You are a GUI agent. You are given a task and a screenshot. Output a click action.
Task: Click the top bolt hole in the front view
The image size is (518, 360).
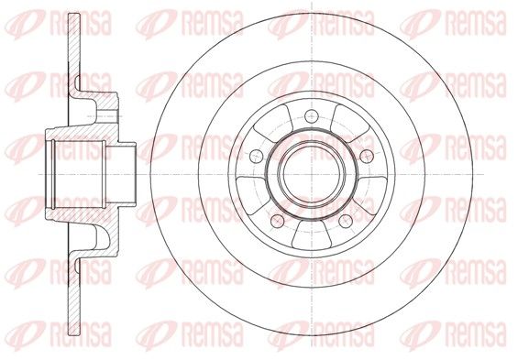[312, 115]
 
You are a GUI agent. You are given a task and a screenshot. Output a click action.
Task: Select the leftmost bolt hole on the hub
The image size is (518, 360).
[257, 156]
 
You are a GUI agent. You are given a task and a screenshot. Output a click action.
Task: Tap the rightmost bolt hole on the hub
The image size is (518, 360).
[367, 156]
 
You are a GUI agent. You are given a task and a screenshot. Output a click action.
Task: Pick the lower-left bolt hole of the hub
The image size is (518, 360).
[277, 221]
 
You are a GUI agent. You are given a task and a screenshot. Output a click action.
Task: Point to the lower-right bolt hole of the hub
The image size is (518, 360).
[346, 221]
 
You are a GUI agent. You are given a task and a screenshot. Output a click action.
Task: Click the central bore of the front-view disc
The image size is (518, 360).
[312, 174]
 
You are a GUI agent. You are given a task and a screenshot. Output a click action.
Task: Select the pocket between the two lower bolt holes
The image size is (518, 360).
[312, 235]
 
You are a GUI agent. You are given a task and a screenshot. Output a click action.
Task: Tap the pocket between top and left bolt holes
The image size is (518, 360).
[271, 123]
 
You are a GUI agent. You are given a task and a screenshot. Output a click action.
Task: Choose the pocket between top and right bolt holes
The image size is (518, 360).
[351, 123]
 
